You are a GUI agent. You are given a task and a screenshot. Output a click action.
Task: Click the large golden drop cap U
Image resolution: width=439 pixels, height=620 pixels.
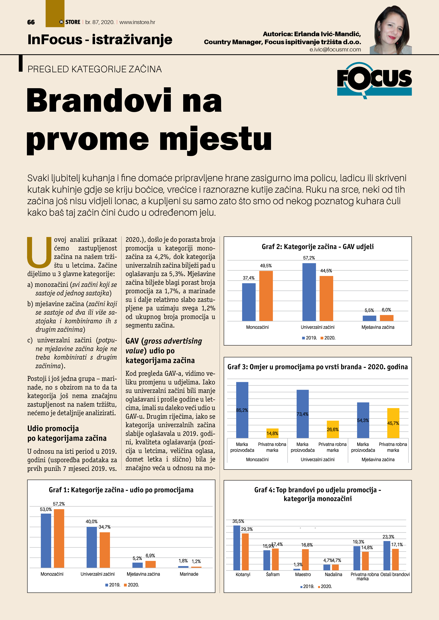[x=39, y=253]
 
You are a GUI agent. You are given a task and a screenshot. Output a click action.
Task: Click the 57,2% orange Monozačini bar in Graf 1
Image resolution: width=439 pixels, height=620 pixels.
[x=59, y=539]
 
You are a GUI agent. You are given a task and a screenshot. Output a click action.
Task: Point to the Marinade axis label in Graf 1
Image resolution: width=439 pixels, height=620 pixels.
[x=189, y=574]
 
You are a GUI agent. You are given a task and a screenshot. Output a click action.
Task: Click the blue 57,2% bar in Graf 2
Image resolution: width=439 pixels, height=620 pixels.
[x=309, y=292]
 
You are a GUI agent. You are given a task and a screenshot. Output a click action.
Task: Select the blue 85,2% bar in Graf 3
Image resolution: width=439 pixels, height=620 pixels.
[x=242, y=410]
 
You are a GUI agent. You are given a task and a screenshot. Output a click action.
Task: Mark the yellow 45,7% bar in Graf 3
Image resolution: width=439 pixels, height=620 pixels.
[x=393, y=423]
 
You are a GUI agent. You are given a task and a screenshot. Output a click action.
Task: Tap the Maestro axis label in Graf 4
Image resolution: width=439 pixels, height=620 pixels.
[x=303, y=574]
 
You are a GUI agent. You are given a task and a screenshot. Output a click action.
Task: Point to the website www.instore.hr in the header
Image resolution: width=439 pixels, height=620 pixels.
[x=137, y=22]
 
